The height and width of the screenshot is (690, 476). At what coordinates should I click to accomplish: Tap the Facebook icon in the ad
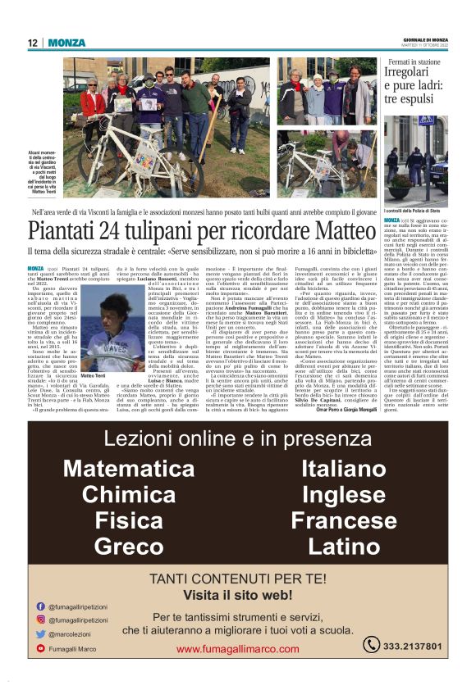coord(41,606)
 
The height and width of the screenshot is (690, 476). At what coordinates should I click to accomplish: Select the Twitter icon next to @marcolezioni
coord(41,633)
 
